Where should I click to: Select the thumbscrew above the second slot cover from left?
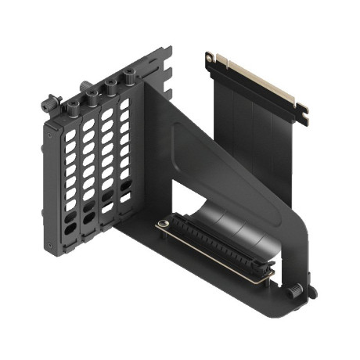click(x=92, y=95)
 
